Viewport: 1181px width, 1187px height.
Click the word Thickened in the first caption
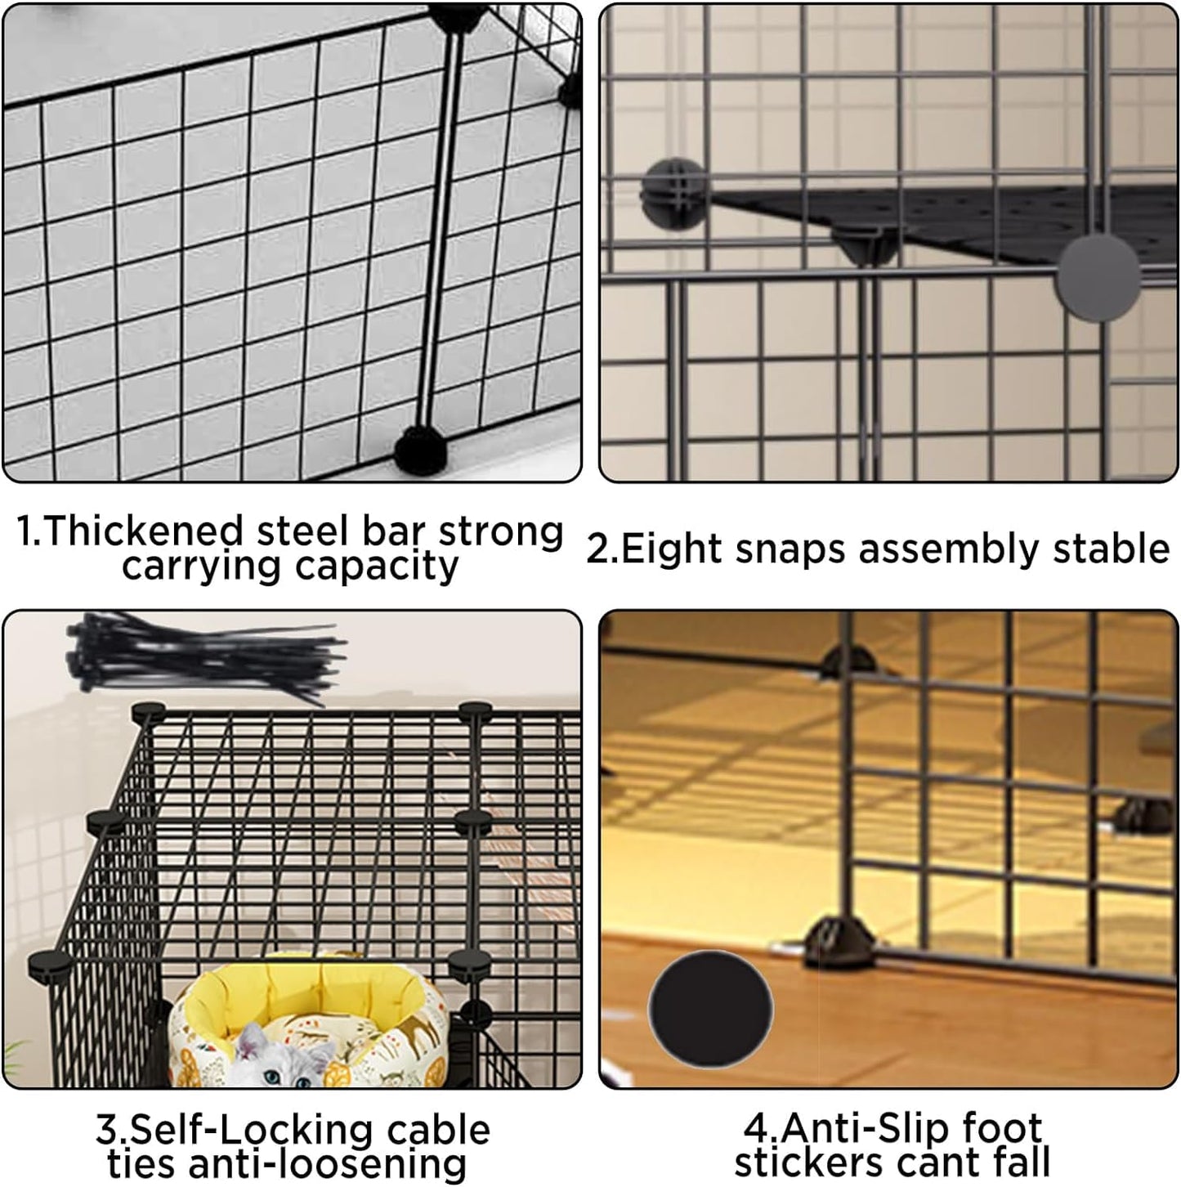(x=144, y=531)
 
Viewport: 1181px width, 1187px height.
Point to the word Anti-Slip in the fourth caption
(x=857, y=1128)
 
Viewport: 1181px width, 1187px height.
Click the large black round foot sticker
(x=710, y=1008)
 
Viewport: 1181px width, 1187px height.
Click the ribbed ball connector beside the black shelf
(x=676, y=194)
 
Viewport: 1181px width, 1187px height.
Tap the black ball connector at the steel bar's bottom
(x=421, y=451)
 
